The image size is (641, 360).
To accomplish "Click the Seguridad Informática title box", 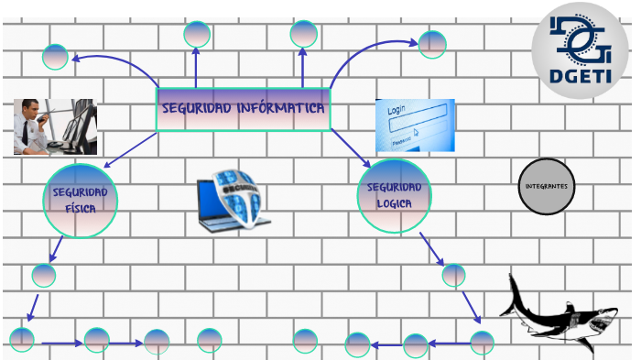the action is point(244,109).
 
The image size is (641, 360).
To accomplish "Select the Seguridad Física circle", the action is point(81,201).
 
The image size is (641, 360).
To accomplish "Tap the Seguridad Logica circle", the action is point(394,195).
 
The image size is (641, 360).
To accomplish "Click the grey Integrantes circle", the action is point(547,186).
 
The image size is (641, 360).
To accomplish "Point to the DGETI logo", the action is point(580,50).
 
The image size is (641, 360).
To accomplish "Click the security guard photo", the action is point(55,126).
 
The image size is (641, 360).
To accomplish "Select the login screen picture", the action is point(415,125).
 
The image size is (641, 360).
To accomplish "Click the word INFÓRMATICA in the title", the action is point(280,108).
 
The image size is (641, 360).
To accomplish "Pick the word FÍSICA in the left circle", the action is point(81,209).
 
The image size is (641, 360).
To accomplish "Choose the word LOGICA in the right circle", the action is point(394,203).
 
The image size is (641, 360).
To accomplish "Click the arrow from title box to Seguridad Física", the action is point(130,149).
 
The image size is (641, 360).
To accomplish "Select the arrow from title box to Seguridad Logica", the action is point(351,148).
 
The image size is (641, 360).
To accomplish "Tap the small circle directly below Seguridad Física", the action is point(44,276).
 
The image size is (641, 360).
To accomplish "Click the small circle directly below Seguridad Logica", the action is point(453,276).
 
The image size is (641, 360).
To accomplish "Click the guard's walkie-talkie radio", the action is point(42,119).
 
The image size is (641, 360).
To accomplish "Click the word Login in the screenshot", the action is point(397,110).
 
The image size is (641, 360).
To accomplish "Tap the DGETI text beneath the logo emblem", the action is point(580,76).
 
